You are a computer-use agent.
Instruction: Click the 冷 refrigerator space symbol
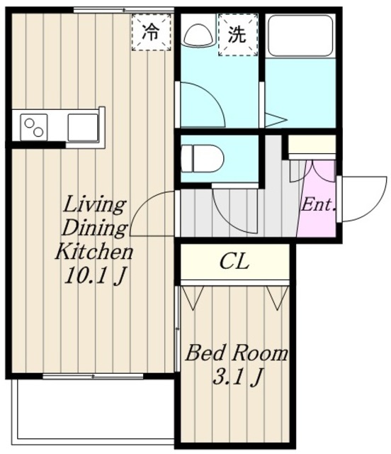152,32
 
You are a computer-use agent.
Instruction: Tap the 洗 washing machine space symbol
238,35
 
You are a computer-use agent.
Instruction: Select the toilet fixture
202,159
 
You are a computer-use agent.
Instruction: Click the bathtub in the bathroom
300,35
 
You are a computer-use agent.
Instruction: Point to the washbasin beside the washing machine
199,34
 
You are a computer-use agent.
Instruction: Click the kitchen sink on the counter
84,128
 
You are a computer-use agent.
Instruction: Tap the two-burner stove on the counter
34,128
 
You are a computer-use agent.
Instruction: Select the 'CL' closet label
234,262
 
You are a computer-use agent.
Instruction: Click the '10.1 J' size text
96,275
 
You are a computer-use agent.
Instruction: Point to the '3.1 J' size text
238,377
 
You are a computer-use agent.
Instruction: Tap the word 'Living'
95,206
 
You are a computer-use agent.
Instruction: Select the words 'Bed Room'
237,353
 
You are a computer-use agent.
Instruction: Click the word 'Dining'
95,228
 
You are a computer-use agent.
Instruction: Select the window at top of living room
124,10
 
